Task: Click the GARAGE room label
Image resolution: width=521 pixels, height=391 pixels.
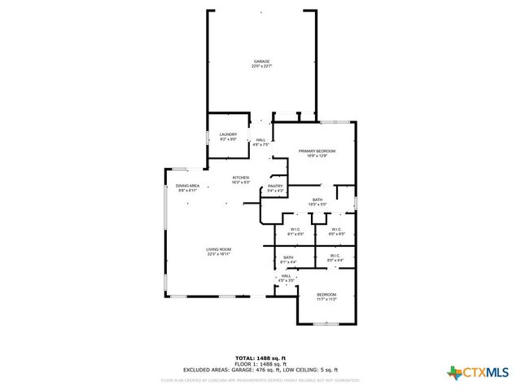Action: pyautogui.click(x=260, y=61)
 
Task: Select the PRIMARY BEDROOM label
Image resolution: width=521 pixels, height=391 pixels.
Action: pyautogui.click(x=317, y=151)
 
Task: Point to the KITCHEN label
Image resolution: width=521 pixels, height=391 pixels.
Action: pyautogui.click(x=241, y=178)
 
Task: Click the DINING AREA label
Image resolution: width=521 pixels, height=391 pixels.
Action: pyautogui.click(x=188, y=186)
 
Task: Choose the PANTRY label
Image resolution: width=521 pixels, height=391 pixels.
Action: pyautogui.click(x=275, y=186)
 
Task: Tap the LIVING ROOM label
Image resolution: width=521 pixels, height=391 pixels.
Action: pyautogui.click(x=219, y=249)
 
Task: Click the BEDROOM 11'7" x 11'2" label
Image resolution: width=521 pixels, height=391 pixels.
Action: pyautogui.click(x=326, y=294)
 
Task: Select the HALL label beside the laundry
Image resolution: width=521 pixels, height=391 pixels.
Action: pyautogui.click(x=261, y=140)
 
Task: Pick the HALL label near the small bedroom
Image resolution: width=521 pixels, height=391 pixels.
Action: pyautogui.click(x=287, y=276)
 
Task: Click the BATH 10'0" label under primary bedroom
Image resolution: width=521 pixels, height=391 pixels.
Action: pyautogui.click(x=317, y=200)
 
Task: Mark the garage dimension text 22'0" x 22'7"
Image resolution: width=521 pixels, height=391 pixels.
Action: pyautogui.click(x=260, y=67)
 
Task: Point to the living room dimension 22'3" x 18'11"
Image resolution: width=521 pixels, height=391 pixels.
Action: pyautogui.click(x=219, y=254)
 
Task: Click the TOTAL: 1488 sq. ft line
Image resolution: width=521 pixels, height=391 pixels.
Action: pyautogui.click(x=260, y=358)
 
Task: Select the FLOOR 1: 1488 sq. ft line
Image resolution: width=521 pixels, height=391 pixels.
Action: pyautogui.click(x=260, y=364)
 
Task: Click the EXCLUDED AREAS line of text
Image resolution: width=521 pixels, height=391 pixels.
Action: pyautogui.click(x=260, y=370)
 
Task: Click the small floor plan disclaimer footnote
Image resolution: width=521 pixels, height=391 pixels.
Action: pyautogui.click(x=260, y=380)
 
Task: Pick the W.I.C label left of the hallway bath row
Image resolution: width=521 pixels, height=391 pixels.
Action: pyautogui.click(x=296, y=229)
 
